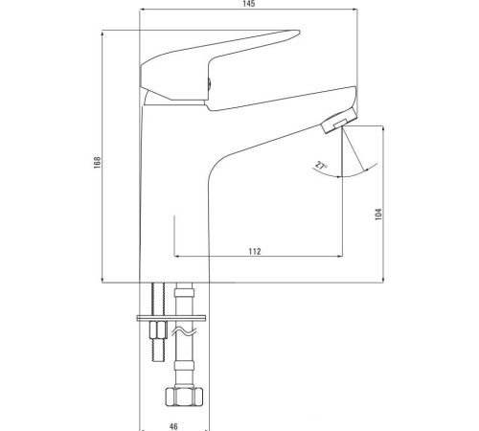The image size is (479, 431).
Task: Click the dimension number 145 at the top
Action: (248, 6)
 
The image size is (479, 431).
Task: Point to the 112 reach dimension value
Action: (255, 251)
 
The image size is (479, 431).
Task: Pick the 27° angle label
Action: (318, 166)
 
